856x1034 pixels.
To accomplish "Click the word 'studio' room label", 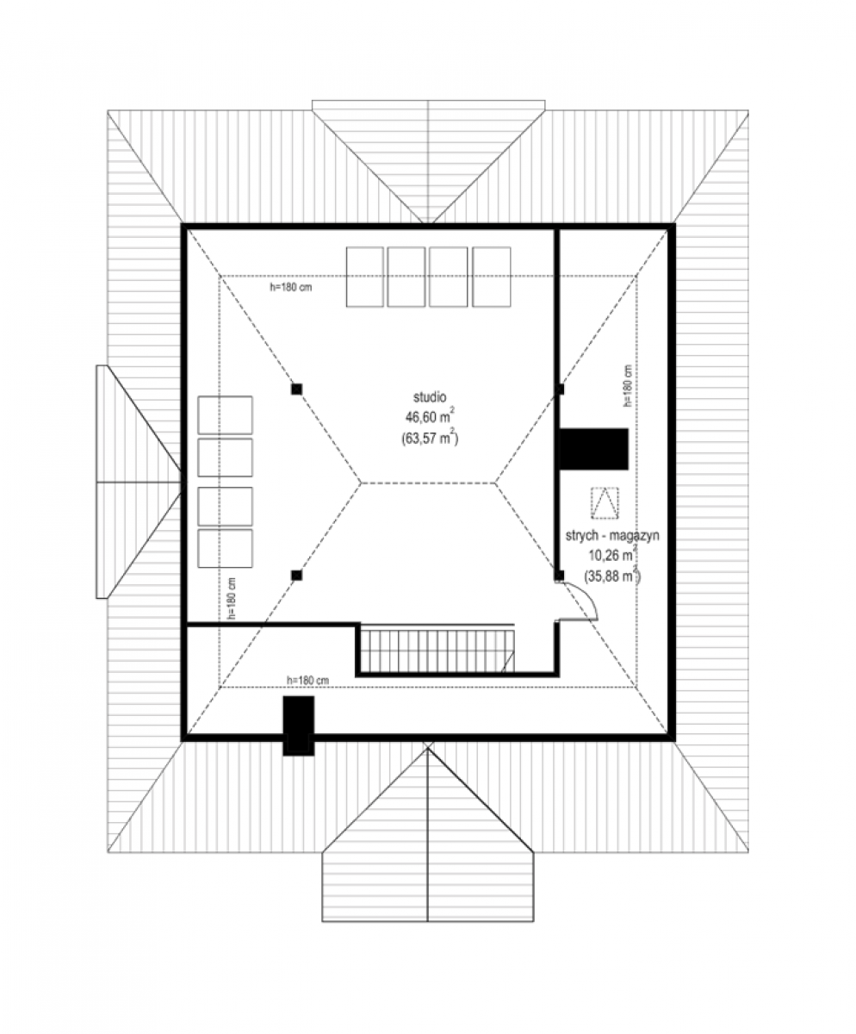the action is click(430, 397).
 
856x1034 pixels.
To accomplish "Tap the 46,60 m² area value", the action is click(430, 417).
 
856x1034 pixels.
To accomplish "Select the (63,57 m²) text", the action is click(430, 439).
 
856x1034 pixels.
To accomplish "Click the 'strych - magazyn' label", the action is click(612, 536).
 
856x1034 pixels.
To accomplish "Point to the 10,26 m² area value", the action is click(612, 555).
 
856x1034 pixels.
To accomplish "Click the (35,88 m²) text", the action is click(612, 576).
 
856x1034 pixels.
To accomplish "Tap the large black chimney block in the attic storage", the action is click(593, 449).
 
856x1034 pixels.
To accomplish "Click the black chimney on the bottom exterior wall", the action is click(299, 726).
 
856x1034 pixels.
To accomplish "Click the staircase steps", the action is click(437, 649).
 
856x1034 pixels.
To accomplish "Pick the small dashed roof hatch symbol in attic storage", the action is click(605, 503).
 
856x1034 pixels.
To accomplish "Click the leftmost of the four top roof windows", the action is click(365, 277).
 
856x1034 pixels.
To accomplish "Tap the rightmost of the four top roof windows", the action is click(492, 277).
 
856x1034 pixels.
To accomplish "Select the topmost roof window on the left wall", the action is click(226, 415).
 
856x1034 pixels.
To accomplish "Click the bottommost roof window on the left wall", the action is click(226, 548).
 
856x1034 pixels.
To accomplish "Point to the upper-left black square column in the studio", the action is click(296, 389).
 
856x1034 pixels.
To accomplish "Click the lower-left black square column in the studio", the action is click(296, 576).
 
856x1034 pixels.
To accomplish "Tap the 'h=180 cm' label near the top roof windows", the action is click(290, 287).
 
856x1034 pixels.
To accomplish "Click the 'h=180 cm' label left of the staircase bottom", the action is click(307, 681).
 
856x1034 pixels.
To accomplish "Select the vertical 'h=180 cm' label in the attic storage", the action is click(627, 386).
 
